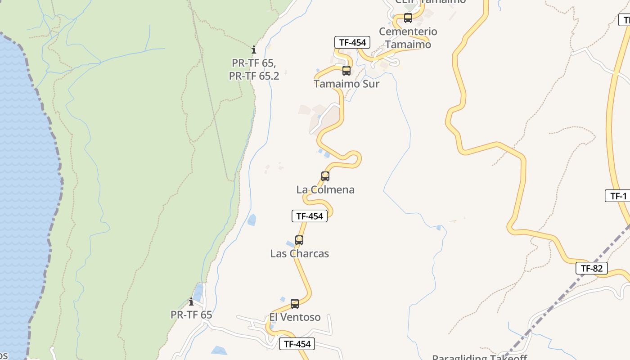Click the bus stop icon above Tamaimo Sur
click(x=346, y=71)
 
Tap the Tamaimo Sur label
click(x=346, y=84)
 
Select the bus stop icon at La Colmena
click(x=325, y=176)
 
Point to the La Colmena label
click(x=325, y=189)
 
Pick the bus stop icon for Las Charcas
click(x=299, y=240)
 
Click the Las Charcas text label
click(x=299, y=253)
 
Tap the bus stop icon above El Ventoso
click(x=294, y=304)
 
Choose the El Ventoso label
click(x=295, y=317)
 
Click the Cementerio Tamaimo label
click(x=408, y=38)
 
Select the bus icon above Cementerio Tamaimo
click(x=408, y=18)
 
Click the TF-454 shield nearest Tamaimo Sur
click(x=352, y=43)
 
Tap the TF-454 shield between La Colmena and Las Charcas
click(x=309, y=216)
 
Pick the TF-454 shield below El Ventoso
click(x=297, y=344)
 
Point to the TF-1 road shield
click(x=618, y=196)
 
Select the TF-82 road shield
click(x=591, y=269)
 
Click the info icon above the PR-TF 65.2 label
click(x=254, y=49)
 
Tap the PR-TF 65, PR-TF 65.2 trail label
click(x=254, y=69)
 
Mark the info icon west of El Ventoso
click(x=191, y=301)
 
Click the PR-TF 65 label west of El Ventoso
click(x=191, y=315)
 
